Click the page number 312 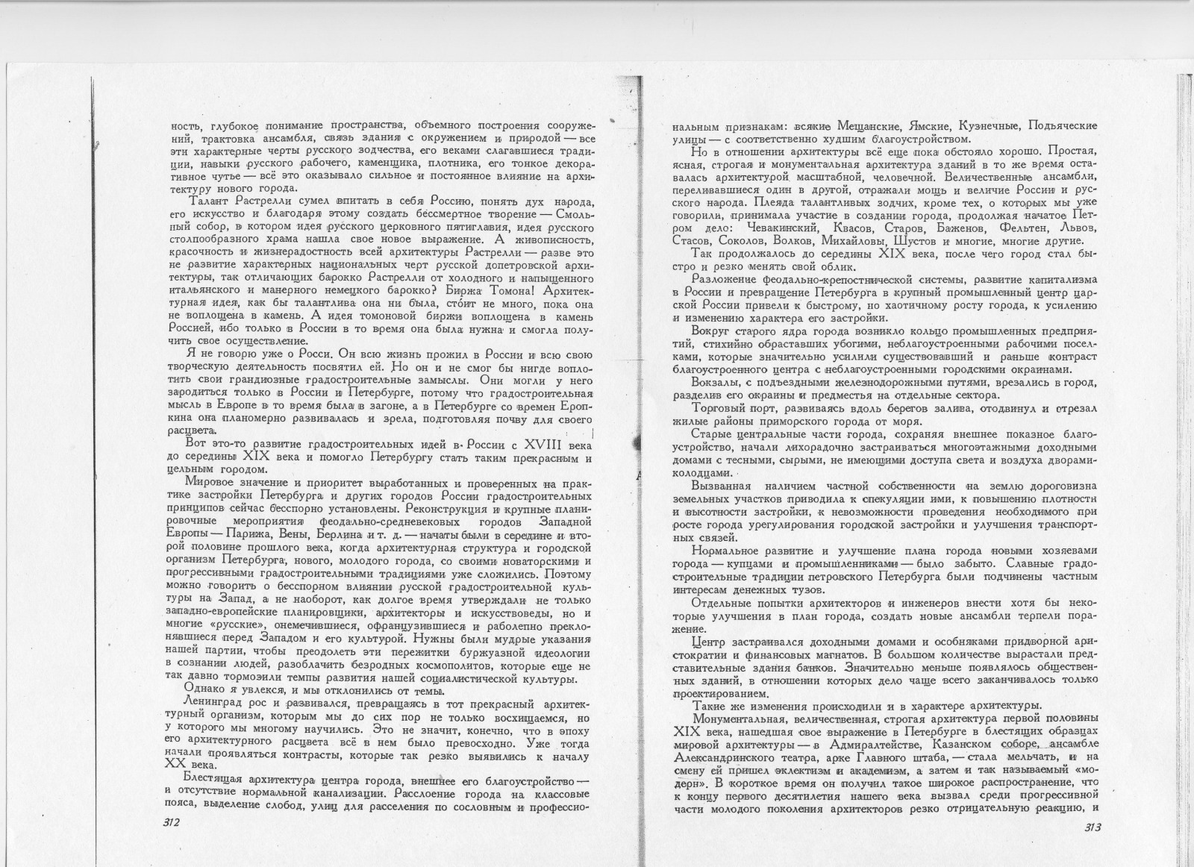click(x=172, y=823)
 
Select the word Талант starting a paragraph click(x=212, y=201)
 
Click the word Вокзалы click(x=718, y=383)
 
